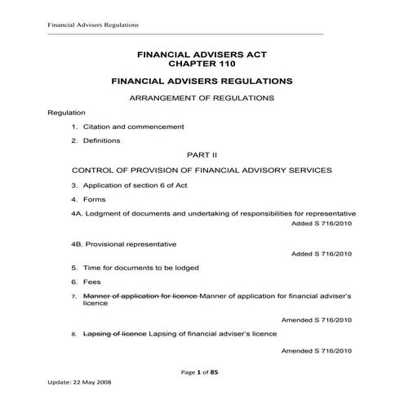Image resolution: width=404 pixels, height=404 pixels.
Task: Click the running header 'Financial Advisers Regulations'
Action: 82,24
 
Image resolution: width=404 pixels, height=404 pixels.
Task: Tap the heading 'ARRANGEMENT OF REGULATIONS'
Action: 202,98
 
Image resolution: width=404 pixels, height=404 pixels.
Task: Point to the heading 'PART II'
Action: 201,154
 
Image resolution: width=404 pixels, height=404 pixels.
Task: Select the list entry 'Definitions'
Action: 101,140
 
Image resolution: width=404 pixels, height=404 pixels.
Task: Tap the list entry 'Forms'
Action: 94,198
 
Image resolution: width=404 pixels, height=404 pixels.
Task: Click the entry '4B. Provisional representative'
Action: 123,243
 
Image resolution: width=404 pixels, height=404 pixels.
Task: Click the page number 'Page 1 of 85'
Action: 201,372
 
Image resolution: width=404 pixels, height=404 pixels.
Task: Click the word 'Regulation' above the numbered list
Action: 66,112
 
